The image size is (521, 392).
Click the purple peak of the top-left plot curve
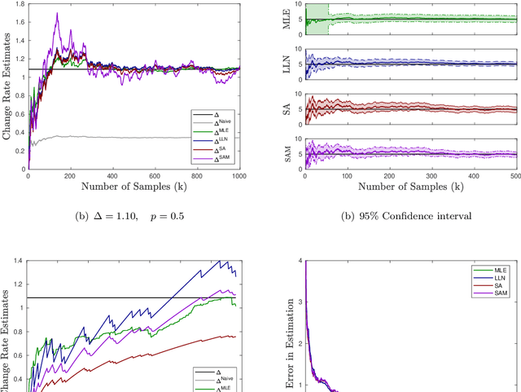[x=56, y=14]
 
